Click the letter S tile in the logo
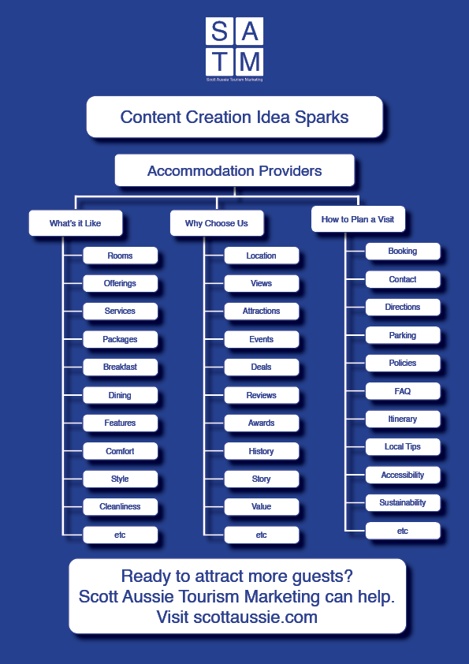coord(219,31)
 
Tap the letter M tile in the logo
coord(249,62)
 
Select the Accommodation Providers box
coord(235,170)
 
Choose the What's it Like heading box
coord(76,223)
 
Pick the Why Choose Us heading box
coord(217,223)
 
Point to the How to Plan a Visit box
coord(358,219)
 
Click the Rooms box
coord(121,256)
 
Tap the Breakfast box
coord(121,367)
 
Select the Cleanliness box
coord(121,506)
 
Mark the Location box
coord(262,256)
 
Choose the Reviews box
coord(262,395)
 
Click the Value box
coord(262,506)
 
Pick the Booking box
coord(403,251)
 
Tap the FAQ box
coord(403,391)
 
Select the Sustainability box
coord(403,502)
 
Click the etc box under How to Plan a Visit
coord(403,531)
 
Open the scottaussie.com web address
coord(255,617)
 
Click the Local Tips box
coord(403,446)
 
